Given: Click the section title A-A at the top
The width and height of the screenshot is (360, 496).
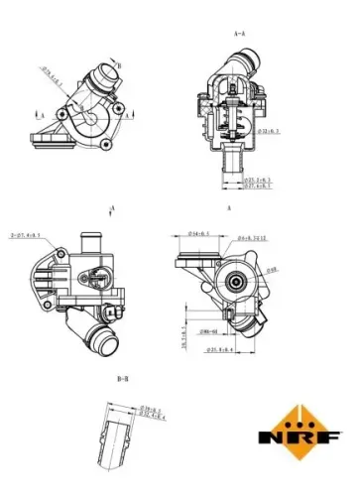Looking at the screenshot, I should pos(239,34).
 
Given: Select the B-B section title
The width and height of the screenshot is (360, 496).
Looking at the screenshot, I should pos(123,379).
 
